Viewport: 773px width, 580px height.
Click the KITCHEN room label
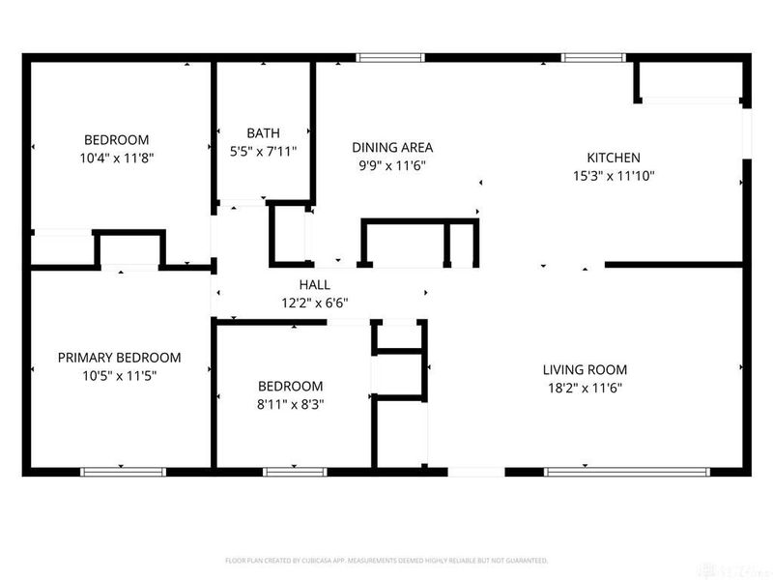tap(614, 158)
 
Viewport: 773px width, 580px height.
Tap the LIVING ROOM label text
tap(585, 369)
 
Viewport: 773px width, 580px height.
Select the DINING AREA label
tap(391, 148)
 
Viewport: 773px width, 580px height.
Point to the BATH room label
tap(263, 133)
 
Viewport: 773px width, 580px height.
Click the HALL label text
tap(314, 285)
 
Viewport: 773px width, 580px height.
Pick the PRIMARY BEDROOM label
tap(119, 358)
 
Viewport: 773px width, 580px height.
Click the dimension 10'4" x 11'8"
tap(116, 157)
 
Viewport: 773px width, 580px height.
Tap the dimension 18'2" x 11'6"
tap(585, 388)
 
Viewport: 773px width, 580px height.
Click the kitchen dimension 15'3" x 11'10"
tap(614, 176)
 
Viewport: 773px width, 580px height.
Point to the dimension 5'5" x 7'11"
tap(263, 151)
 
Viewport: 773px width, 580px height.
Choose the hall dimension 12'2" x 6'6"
tap(314, 303)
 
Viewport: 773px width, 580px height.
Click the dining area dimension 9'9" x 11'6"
tap(391, 165)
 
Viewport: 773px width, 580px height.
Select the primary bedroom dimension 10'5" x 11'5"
tap(119, 375)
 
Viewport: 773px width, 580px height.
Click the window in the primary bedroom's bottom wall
tap(123, 472)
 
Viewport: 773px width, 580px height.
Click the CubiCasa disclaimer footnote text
tap(386, 560)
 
